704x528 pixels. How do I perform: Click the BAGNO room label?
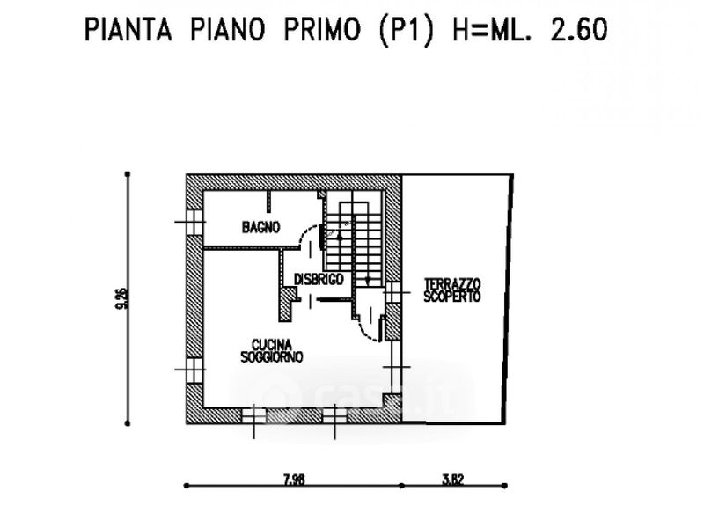260,227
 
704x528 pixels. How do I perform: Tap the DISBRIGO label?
318,279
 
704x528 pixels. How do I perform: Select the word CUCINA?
272,345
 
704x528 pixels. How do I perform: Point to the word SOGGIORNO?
272,357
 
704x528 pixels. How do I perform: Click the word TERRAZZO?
452,284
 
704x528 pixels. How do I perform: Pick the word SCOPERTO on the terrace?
452,297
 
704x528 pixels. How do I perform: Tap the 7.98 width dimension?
293,480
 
